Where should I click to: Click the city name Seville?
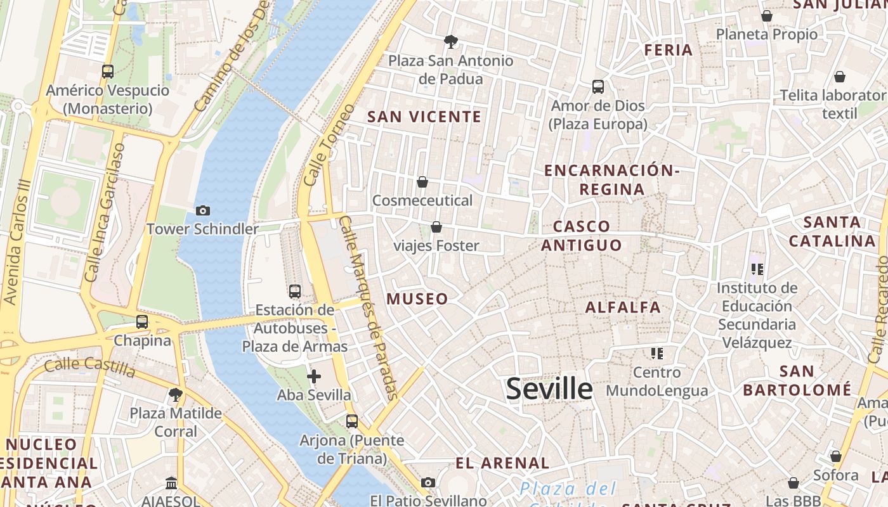(549, 388)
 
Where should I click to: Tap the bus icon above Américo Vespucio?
(108, 71)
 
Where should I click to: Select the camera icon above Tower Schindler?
(203, 210)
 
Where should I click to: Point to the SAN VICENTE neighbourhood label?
(424, 117)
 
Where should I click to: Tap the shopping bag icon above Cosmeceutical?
(422, 182)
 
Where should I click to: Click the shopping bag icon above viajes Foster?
(436, 226)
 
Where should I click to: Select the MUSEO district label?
(417, 299)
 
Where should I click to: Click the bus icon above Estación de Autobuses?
(295, 291)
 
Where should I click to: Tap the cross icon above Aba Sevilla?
(313, 376)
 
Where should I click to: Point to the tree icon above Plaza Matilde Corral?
(176, 395)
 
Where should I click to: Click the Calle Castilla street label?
(89, 366)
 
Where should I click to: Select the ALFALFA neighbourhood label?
(623, 307)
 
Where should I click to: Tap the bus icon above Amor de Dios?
(597, 87)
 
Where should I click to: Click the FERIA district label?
(669, 50)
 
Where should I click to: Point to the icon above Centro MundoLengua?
(656, 353)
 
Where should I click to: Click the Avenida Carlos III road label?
(18, 241)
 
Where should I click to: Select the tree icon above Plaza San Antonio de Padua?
(451, 42)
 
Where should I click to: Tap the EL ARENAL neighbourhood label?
(502, 463)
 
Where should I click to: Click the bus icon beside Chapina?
(142, 321)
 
